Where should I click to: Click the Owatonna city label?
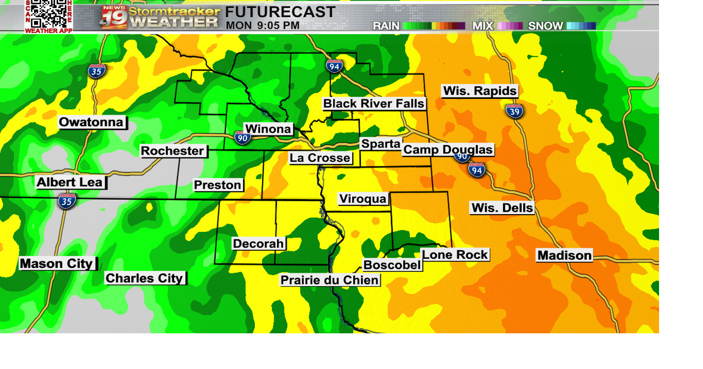click(92, 122)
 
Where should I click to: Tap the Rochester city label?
click(172, 151)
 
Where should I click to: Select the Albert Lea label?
click(70, 182)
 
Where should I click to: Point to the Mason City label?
click(57, 264)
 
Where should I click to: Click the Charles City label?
click(144, 278)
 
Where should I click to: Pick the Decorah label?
click(258, 243)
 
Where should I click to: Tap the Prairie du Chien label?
click(330, 280)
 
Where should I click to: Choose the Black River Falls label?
click(373, 104)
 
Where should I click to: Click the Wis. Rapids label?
click(480, 91)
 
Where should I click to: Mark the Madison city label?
click(565, 255)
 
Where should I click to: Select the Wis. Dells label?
click(502, 208)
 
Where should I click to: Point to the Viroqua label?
click(363, 199)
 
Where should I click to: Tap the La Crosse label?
click(320, 158)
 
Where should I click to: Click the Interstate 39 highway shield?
click(515, 111)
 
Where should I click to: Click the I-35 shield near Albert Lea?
click(67, 200)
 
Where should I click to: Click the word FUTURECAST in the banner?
click(280, 12)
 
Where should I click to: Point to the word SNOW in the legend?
click(545, 26)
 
